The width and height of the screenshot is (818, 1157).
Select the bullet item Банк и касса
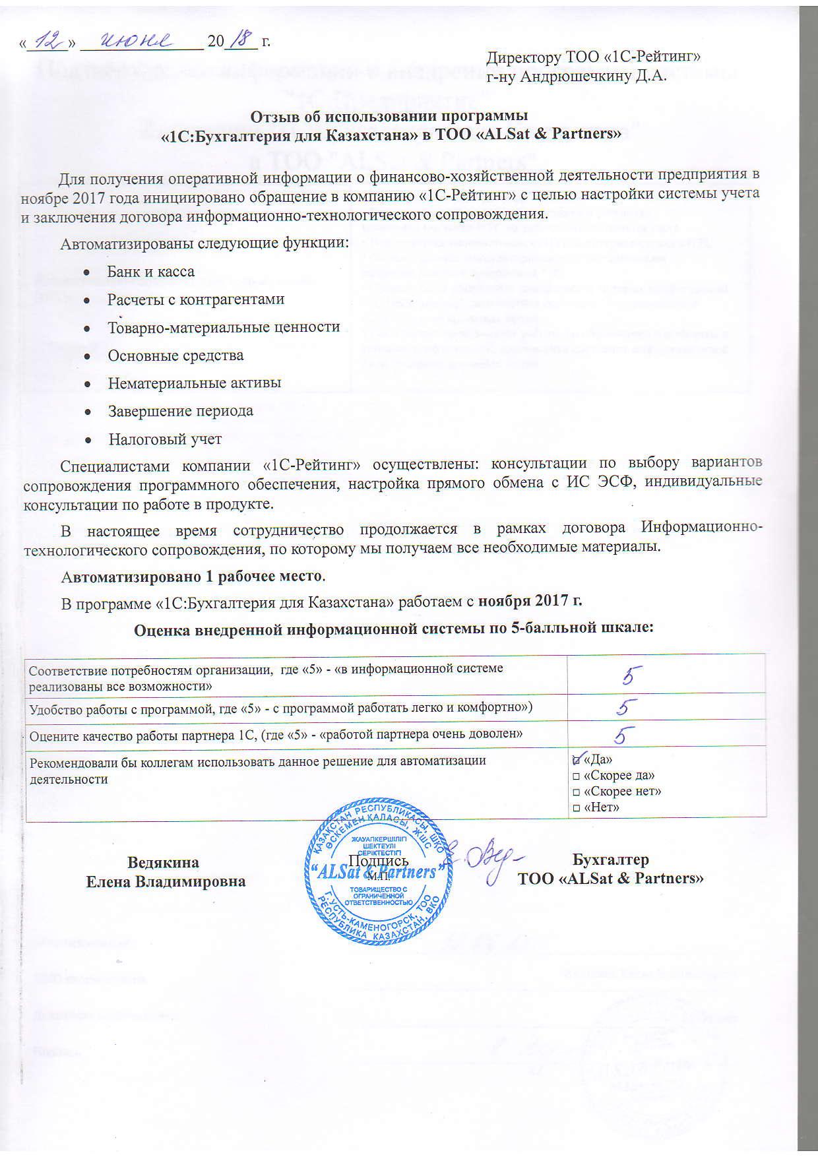[x=151, y=272]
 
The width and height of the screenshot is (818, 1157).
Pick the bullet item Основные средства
[x=175, y=356]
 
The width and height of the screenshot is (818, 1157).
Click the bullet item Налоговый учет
[x=165, y=439]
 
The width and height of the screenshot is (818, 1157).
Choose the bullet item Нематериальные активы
[x=195, y=383]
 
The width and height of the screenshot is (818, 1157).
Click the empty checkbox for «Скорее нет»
[x=577, y=792]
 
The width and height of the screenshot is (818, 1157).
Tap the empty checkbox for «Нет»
[x=577, y=807]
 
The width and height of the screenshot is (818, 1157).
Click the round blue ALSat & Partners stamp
[x=377, y=873]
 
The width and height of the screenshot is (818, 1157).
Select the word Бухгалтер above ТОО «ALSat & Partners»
[x=610, y=860]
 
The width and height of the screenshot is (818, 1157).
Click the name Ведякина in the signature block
[x=163, y=863]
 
